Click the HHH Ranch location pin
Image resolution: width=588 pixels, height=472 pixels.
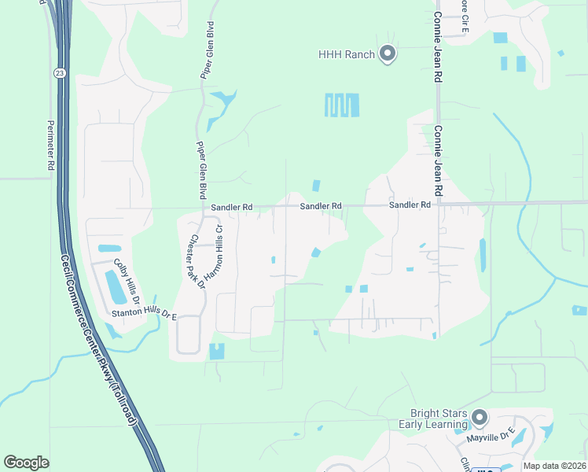(387, 53)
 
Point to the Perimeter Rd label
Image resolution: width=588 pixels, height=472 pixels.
(50, 145)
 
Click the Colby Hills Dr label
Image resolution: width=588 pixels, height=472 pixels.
(126, 281)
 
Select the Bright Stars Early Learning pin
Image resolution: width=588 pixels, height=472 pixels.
(480, 418)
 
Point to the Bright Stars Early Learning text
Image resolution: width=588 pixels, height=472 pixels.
(439, 419)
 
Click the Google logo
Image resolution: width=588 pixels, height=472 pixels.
(26, 463)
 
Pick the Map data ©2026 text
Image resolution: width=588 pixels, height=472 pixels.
(553, 466)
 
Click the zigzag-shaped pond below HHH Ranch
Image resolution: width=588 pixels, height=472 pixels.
(342, 105)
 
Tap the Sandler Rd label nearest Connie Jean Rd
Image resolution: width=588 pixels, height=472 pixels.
(410, 205)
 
